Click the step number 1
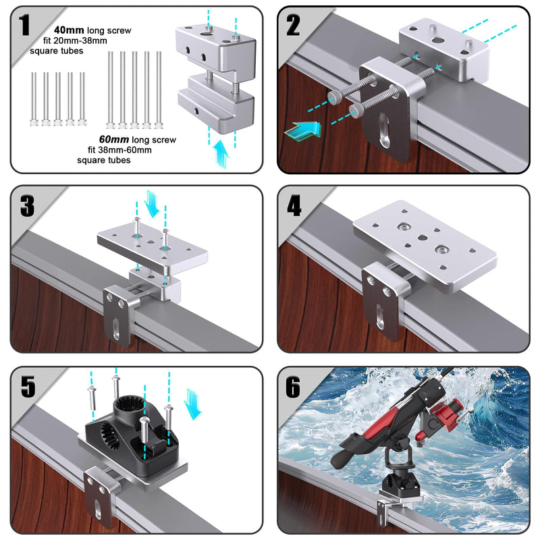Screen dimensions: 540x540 pyautogui.click(x=25, y=26)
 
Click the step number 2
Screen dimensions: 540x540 pyautogui.click(x=293, y=25)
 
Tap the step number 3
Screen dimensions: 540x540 pyautogui.click(x=27, y=206)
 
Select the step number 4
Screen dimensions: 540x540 pyautogui.click(x=294, y=205)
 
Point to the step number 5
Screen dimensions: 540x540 pyautogui.click(x=28, y=387)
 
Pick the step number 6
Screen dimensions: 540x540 pyautogui.click(x=294, y=387)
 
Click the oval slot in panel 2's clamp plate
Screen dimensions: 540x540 pyautogui.click(x=385, y=128)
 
